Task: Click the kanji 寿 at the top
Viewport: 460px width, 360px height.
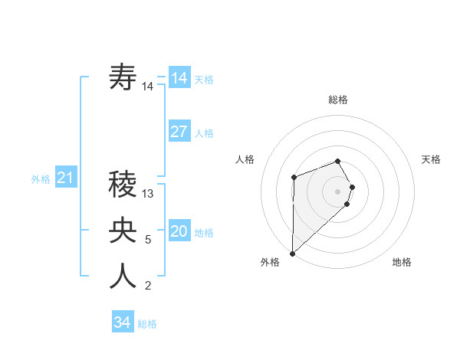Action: pos(123,78)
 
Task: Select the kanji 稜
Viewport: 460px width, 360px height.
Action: pos(123,184)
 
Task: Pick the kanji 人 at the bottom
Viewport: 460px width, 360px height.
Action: pos(123,276)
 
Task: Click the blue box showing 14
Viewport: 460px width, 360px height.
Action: pos(179,78)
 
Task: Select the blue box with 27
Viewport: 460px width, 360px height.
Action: pos(179,132)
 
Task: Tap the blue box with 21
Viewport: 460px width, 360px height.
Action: pos(66,178)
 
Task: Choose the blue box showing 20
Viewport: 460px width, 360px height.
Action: pos(179,231)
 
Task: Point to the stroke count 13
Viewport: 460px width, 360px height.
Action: pos(149,194)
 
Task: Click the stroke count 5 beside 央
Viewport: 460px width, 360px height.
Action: pos(148,240)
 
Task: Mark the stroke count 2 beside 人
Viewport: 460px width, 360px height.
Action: pos(148,286)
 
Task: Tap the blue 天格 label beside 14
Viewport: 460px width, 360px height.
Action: pos(204,80)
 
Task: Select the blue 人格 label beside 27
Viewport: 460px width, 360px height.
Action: pos(204,133)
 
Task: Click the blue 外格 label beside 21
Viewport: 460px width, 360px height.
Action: pos(41,179)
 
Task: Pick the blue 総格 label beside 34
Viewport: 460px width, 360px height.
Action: pos(147,324)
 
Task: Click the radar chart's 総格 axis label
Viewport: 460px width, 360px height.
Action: pos(338,100)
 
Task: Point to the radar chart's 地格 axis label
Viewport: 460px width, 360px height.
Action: pos(402,262)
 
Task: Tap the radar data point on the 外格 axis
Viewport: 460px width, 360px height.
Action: pos(292,253)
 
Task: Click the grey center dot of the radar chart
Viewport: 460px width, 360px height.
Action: pos(337,191)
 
